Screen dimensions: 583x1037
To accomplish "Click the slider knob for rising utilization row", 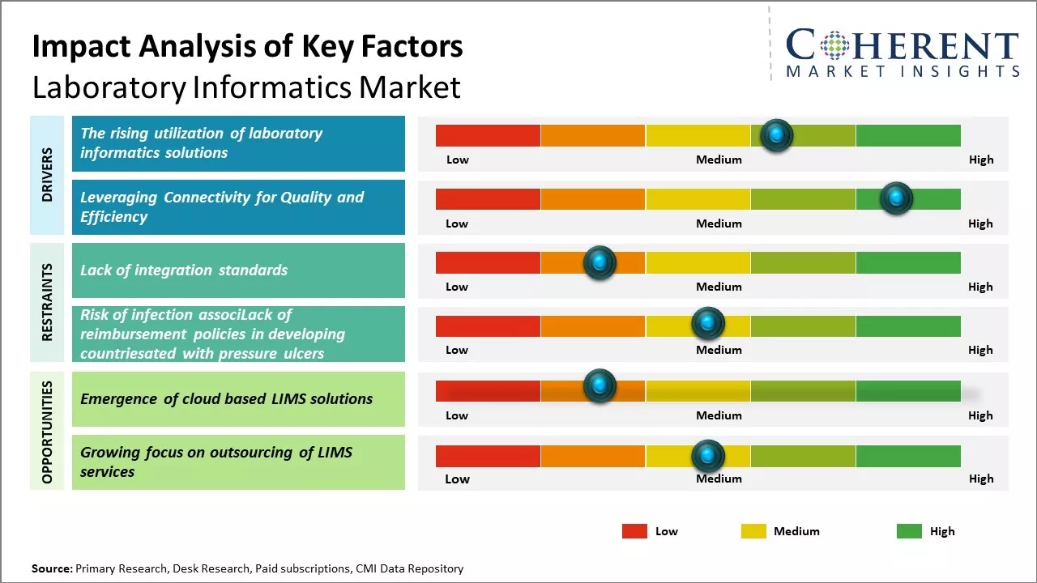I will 777,135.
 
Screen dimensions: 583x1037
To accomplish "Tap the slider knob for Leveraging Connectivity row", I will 896,198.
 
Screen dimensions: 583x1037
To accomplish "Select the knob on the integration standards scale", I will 600,262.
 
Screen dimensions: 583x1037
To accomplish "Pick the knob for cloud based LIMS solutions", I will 600,385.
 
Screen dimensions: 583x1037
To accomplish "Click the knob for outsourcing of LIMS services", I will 708,456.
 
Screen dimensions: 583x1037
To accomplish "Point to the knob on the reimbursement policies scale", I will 708,324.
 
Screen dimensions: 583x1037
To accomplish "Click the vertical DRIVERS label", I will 48,175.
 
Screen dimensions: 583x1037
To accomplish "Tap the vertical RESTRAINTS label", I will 48,302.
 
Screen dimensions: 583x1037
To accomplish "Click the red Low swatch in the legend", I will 634,531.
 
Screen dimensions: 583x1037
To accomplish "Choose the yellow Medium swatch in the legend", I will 753,531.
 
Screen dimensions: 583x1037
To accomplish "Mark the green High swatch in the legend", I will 909,531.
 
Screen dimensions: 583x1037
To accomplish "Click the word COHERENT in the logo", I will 903,45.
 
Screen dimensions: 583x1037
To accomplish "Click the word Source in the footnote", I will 51,568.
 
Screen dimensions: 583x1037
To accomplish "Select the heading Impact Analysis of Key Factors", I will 247,47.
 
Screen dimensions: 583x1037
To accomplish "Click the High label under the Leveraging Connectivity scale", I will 980,223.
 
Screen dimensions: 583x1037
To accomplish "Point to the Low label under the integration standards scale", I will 457,287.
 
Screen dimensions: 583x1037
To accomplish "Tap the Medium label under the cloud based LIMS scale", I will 719,415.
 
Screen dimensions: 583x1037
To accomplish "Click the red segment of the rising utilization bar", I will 488,135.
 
